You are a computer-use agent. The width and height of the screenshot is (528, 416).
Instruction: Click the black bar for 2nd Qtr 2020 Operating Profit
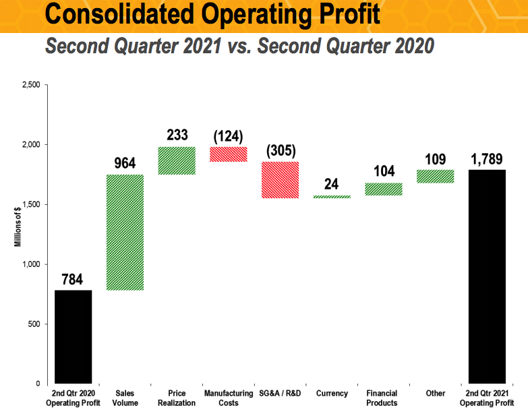tap(73, 336)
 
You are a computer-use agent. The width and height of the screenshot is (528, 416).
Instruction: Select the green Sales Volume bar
tap(125, 233)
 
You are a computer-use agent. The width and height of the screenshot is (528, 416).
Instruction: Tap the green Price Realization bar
tap(177, 160)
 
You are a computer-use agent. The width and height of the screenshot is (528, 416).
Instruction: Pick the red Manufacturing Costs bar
tap(228, 154)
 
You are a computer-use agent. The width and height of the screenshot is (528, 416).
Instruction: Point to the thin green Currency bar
tap(332, 197)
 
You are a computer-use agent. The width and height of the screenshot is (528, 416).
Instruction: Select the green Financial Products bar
tap(383, 189)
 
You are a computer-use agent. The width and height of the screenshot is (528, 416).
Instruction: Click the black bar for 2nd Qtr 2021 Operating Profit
tap(486, 276)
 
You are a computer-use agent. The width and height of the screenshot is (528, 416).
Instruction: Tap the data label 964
tap(125, 163)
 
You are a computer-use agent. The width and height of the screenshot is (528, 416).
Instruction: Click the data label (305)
tap(280, 150)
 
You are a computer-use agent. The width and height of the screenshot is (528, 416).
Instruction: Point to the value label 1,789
tap(486, 158)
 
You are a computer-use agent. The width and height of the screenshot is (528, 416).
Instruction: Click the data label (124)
tap(228, 136)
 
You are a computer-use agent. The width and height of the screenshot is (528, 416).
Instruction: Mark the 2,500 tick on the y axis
tap(31, 85)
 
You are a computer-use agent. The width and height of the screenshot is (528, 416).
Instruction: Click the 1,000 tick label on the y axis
tap(31, 264)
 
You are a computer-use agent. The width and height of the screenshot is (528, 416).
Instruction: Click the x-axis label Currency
tap(332, 393)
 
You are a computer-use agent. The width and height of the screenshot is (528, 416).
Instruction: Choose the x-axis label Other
tap(435, 393)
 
